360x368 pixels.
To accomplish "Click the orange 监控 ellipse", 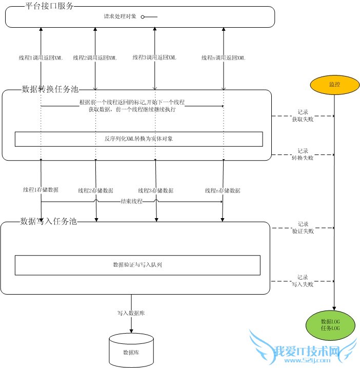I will click(334, 84).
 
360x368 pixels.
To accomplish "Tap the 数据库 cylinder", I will click(131, 351).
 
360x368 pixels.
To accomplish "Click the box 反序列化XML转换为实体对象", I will click(138, 139).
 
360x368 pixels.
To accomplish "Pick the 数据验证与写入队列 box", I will click(137, 265).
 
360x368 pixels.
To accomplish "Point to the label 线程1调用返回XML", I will click(41, 58).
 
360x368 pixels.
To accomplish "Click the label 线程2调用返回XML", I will click(95, 58).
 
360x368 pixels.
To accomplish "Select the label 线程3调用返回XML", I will click(154, 57).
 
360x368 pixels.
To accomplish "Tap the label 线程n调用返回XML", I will click(223, 58).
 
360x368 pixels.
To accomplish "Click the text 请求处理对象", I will click(121, 16).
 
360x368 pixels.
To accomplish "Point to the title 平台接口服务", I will click(49, 6).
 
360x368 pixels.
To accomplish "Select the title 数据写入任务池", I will click(49, 221).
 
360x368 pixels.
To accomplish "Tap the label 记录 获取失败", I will click(303, 116).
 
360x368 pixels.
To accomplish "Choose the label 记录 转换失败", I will click(303, 154).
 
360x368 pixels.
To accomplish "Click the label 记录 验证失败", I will click(303, 227).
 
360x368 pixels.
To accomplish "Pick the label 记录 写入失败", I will click(303, 280).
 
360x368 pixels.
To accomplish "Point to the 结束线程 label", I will click(131, 201).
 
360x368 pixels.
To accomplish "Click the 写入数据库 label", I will click(131, 312).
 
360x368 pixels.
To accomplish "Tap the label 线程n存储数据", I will click(223, 190).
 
